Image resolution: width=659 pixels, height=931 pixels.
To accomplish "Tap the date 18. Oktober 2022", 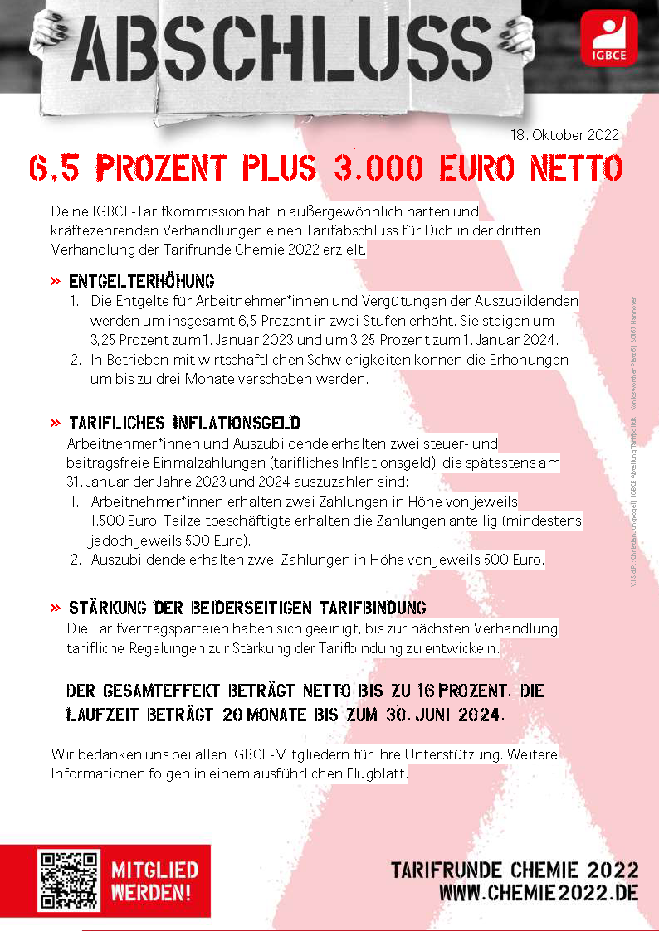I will tap(564, 135).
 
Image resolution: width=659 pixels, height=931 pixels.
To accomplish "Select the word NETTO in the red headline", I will tap(576, 168).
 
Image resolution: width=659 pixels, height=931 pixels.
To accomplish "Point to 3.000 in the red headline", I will tap(373, 168).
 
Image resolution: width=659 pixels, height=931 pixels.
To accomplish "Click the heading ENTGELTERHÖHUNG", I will tap(142, 281).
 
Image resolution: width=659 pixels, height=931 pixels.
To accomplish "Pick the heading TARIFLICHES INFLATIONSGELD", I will tap(184, 424).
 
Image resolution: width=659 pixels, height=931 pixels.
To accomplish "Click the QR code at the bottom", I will tap(68, 880).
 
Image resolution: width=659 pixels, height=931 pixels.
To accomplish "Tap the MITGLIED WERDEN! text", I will tap(154, 881).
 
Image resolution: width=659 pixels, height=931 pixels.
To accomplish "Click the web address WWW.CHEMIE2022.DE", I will tap(539, 893).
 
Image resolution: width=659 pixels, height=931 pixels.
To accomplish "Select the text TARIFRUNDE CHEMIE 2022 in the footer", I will tap(515, 870).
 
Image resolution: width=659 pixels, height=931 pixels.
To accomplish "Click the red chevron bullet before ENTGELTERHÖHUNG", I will tap(56, 281).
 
